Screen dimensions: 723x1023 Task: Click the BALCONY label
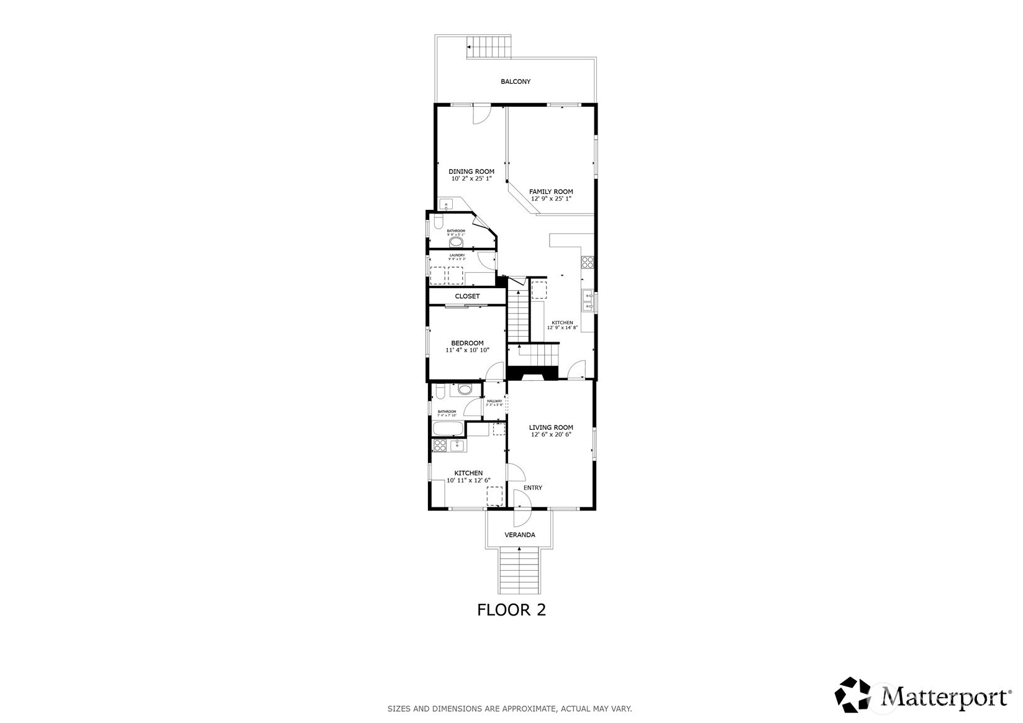[516, 81]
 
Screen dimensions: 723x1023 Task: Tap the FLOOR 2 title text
[511, 610]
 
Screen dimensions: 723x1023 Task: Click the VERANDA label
[519, 535]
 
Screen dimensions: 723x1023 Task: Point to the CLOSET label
[467, 296]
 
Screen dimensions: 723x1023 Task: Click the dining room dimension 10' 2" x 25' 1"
[471, 179]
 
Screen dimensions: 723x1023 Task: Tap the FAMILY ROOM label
[550, 191]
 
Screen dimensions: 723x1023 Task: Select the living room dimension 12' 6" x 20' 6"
[551, 435]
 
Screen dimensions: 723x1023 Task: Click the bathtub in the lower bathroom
[448, 429]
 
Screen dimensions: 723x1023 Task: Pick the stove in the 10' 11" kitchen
[440, 445]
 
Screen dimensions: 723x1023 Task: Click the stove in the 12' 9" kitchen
[587, 261]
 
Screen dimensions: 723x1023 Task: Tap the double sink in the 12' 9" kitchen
[588, 302]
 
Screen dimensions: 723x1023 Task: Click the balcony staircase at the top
[489, 48]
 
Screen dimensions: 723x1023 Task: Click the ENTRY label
[532, 488]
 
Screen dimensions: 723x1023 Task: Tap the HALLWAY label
[494, 401]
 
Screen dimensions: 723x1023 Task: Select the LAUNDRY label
[457, 255]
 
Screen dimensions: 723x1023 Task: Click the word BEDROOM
[467, 343]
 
